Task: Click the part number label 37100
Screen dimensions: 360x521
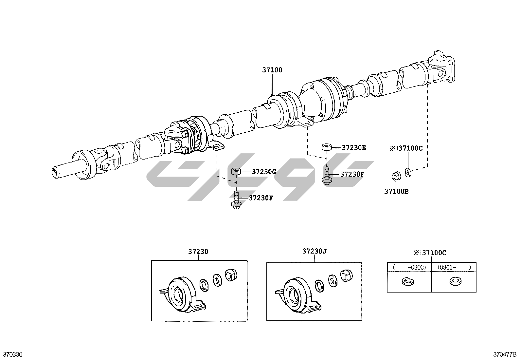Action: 272,70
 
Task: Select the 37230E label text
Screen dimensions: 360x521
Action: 354,147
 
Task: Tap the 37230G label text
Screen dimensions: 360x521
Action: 264,171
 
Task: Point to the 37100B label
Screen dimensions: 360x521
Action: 396,191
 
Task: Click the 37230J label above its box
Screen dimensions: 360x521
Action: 314,251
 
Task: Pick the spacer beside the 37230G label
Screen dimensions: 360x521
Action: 236,172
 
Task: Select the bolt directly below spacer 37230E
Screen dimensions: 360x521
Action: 326,175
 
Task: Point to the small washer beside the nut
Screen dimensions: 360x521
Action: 407,172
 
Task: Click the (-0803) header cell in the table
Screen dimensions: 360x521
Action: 410,267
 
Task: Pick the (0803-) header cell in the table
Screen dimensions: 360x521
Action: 454,267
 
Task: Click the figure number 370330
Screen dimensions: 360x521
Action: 13,354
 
